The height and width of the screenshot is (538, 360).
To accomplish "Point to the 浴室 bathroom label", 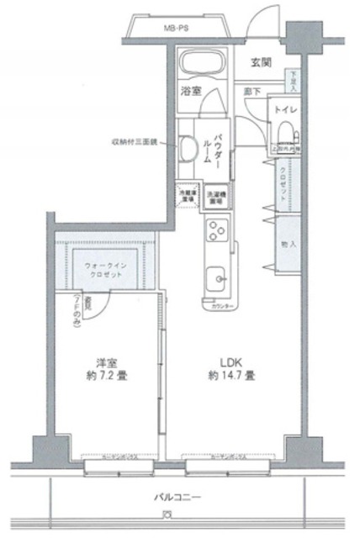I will pyautogui.click(x=189, y=90).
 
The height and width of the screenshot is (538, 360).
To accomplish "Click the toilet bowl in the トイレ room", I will pyautogui.click(x=284, y=130).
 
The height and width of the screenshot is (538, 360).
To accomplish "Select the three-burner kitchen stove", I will pyautogui.click(x=216, y=229).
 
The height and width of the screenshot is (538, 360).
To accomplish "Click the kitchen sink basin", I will pyautogui.click(x=217, y=277).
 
